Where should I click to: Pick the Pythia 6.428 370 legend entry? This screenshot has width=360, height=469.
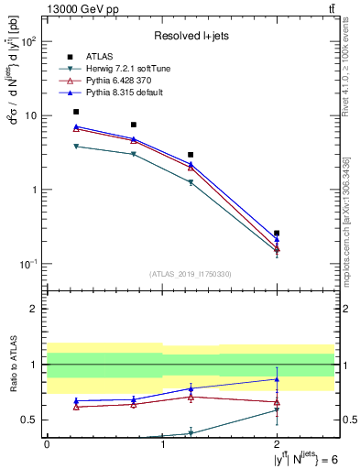click(x=119, y=82)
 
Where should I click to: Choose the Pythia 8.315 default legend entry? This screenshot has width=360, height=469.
click(x=123, y=93)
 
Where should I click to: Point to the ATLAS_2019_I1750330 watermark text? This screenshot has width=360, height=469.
click(x=191, y=273)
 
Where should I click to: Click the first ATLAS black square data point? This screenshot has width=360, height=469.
click(x=76, y=112)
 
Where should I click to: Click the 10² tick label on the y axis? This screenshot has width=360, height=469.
click(x=27, y=42)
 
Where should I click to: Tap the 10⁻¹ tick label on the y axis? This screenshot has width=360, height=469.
click(x=27, y=265)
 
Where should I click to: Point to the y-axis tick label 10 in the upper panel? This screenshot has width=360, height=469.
click(x=29, y=116)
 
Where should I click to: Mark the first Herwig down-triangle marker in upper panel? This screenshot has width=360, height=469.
click(x=76, y=146)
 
